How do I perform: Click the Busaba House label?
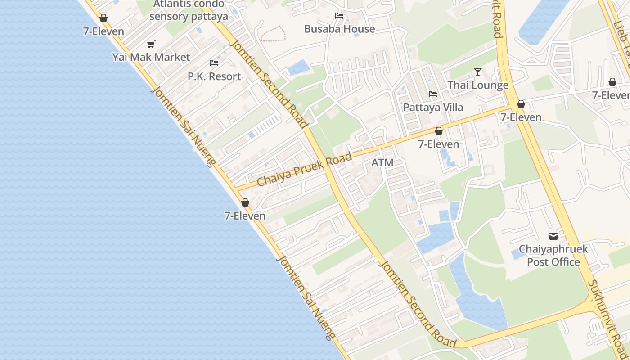pos(339,29)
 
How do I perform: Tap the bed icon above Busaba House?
pos(339,16)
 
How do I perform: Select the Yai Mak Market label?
pos(151,57)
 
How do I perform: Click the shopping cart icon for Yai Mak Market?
pos(151,44)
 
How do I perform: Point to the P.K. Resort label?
pos(214,76)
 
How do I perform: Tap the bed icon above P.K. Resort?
pos(214,63)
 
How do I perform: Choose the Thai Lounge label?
pos(478,85)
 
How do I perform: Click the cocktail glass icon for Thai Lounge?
pos(478,72)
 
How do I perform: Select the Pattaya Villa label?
pos(433,108)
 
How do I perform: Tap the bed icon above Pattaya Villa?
pos(433,94)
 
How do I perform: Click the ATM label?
pos(382,163)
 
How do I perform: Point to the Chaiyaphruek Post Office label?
pos(553,255)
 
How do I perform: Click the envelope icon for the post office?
pos(553,236)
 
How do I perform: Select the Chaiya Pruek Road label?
pos(304,170)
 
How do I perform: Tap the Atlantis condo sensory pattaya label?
pos(189,10)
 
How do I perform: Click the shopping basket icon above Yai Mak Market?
pos(103,18)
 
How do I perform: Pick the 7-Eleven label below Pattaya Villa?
pos(439,144)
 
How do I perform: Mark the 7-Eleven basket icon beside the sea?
pos(245,202)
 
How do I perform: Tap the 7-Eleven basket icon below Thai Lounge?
pos(521,104)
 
